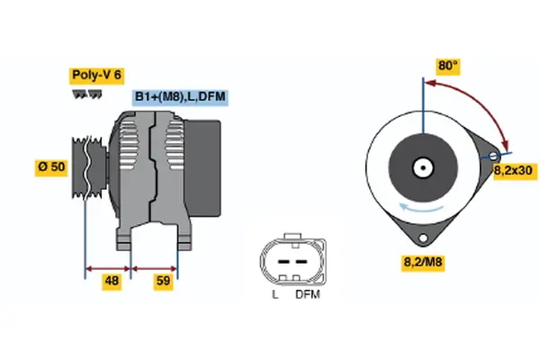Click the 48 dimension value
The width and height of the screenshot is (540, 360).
[x=111, y=281]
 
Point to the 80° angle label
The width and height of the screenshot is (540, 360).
[x=447, y=66]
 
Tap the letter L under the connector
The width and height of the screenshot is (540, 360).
[x=275, y=294]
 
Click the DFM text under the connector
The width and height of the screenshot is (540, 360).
[x=307, y=294]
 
